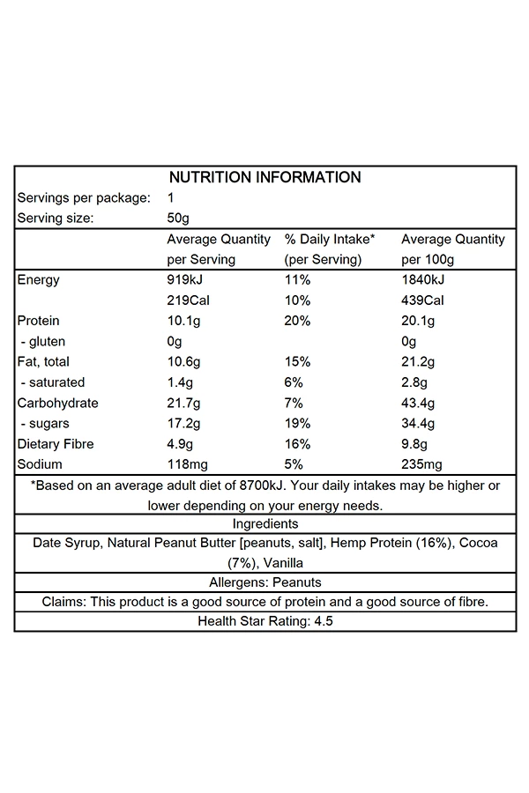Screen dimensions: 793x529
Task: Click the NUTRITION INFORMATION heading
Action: pyautogui.click(x=264, y=177)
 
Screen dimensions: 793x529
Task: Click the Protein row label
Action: pyautogui.click(x=39, y=321)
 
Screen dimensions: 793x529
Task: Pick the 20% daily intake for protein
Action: pyautogui.click(x=297, y=321)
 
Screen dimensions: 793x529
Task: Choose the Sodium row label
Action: pyautogui.click(x=41, y=464)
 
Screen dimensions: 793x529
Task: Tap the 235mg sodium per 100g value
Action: pyautogui.click(x=421, y=464)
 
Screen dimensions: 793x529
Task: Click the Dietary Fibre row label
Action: pyautogui.click(x=56, y=444)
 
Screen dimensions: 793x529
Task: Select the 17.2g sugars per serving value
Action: pyautogui.click(x=184, y=424)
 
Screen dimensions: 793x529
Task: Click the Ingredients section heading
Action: pyautogui.click(x=264, y=524)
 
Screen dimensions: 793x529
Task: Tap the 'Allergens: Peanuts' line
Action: pyautogui.click(x=264, y=582)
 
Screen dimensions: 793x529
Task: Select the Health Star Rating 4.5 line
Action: pyautogui.click(x=264, y=621)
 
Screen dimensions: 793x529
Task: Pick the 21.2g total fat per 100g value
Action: pyautogui.click(x=419, y=362)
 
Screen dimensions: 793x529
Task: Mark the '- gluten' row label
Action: pyautogui.click(x=42, y=342)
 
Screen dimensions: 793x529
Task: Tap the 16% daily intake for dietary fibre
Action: pyautogui.click(x=297, y=444)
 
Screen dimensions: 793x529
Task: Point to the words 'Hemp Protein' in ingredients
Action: pyautogui.click(x=369, y=544)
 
